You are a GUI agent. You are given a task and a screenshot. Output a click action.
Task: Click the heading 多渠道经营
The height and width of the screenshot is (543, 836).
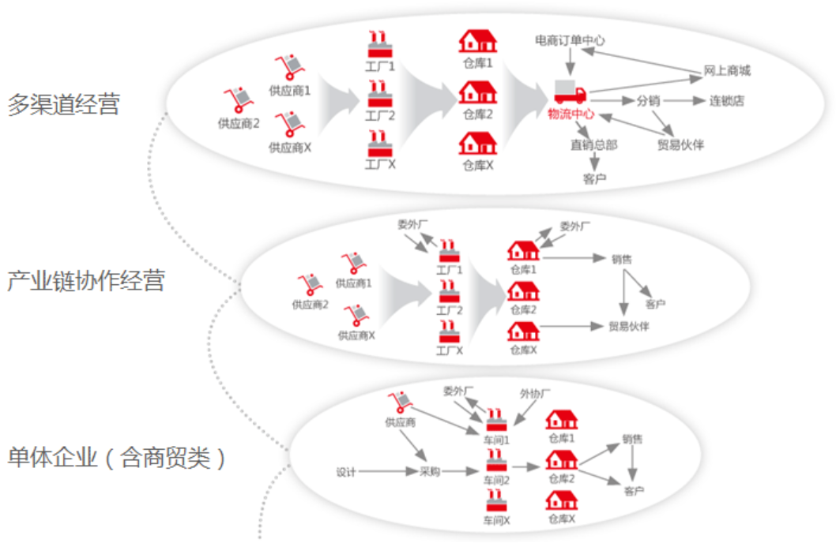(x=64, y=105)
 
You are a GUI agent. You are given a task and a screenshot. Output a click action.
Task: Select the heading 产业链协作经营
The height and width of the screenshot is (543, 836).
(x=86, y=280)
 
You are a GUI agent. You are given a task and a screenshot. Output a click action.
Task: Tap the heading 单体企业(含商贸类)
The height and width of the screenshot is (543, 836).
(x=117, y=457)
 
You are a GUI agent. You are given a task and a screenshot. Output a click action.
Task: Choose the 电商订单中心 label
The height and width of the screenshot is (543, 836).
(x=570, y=40)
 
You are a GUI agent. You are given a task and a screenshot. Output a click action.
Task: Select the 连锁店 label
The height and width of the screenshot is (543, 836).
(x=726, y=101)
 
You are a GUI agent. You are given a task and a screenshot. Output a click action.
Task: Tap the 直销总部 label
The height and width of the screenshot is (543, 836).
(x=593, y=144)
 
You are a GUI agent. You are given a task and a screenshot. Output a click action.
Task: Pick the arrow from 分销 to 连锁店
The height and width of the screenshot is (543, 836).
(x=684, y=101)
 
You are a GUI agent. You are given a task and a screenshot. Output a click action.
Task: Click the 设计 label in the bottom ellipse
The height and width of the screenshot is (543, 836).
(x=346, y=472)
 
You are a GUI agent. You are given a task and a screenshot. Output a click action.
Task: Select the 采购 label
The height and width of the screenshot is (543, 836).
(x=429, y=472)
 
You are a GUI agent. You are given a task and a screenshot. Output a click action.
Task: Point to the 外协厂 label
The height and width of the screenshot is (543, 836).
(x=535, y=393)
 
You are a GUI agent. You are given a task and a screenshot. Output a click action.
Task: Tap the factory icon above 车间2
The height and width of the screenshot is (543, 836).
(x=496, y=460)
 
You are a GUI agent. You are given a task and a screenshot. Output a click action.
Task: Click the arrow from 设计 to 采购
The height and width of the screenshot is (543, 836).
(x=386, y=472)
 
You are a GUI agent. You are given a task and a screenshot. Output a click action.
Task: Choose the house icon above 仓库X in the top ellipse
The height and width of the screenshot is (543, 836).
(x=478, y=144)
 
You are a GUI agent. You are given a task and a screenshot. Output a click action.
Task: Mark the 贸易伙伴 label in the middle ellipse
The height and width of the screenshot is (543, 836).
(x=629, y=327)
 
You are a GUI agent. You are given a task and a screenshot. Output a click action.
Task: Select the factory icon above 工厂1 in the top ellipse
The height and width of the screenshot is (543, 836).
(x=380, y=44)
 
